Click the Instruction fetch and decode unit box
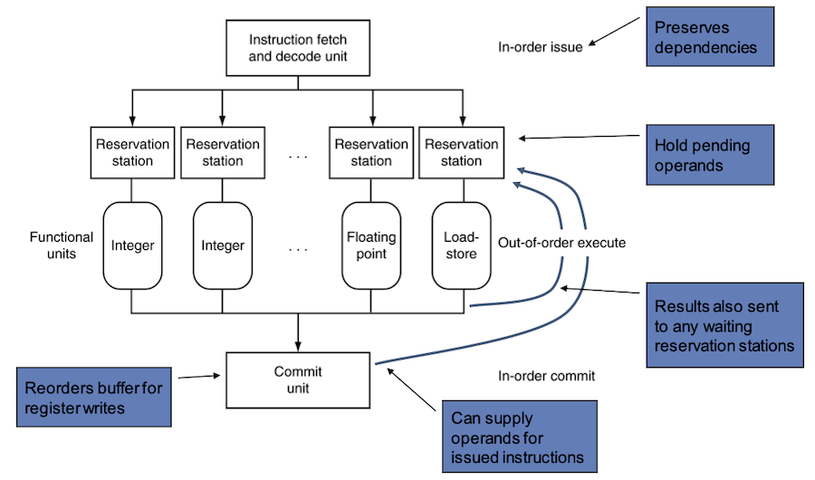(298, 48)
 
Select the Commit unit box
(298, 380)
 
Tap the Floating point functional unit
(371, 245)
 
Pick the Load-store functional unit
(462, 245)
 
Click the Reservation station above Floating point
(371, 152)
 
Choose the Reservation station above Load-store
(462, 152)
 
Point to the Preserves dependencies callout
(710, 36)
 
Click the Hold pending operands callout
(710, 155)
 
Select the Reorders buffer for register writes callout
(94, 398)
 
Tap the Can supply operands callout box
(520, 437)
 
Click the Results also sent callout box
(725, 325)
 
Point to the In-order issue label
(540, 47)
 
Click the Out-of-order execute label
(561, 243)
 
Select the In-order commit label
(546, 376)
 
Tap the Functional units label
(62, 245)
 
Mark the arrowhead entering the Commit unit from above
(298, 347)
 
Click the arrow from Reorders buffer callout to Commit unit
(199, 377)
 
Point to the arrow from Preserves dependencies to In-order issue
(614, 32)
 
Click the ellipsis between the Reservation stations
(298, 156)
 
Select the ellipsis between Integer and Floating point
(298, 249)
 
